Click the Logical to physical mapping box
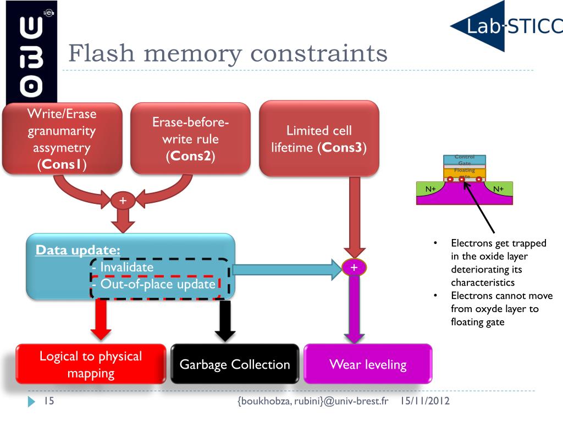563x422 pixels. [x=91, y=364]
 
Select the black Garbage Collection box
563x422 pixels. [x=235, y=364]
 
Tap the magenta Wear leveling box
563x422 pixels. [x=368, y=364]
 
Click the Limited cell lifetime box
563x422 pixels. [x=319, y=138]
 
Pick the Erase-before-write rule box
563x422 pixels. [x=190, y=138]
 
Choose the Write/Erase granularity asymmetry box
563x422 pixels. [x=62, y=138]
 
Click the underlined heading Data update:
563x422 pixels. [x=78, y=251]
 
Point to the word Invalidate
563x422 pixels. [x=126, y=268]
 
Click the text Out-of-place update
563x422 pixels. [x=157, y=285]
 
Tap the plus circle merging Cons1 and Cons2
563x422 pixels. [x=123, y=201]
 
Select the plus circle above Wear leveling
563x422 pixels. [x=354, y=268]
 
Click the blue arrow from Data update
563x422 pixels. [x=286, y=268]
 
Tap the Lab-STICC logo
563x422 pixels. [x=506, y=26]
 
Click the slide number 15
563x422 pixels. [x=48, y=402]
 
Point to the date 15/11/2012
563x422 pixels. [x=425, y=401]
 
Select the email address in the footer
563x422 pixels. [x=313, y=402]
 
